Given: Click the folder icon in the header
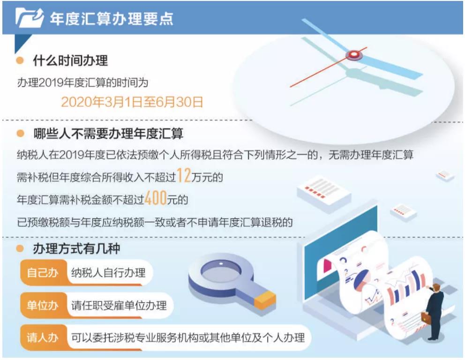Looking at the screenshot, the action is (30, 18).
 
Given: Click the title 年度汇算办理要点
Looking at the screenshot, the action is (112, 19).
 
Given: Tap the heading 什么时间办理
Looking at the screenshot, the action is (70, 60).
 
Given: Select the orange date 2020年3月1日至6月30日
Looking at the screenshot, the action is (132, 102).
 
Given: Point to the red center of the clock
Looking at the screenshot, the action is (353, 54).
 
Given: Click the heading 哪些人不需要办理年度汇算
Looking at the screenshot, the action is (108, 134).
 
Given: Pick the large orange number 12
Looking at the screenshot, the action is (184, 175).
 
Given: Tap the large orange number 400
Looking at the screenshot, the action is (156, 198).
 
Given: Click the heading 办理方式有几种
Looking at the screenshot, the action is (76, 248).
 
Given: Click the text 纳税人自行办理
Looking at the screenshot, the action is (108, 272).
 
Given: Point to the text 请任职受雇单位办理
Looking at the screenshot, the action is (119, 305).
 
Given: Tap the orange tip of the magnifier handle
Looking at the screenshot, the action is (265, 300).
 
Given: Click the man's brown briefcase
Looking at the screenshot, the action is (426, 318).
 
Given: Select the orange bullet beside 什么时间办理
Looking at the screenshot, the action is (20, 60).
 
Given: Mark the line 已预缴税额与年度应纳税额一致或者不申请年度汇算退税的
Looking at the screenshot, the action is (155, 222).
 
